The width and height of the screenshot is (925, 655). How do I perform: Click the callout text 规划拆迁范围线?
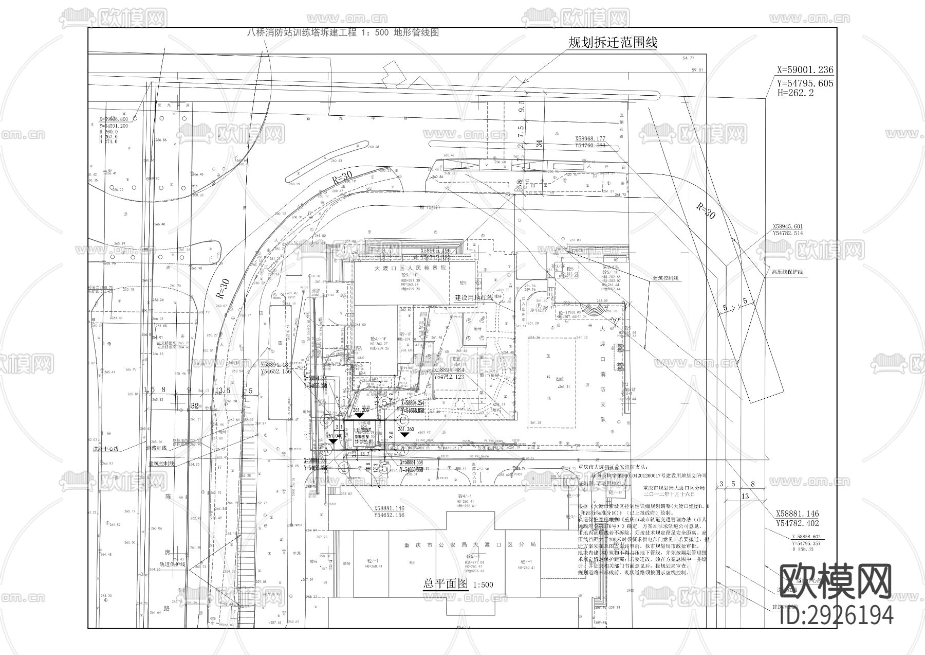point(613,43)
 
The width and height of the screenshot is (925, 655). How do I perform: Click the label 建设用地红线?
point(474,297)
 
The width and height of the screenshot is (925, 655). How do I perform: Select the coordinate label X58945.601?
point(788,226)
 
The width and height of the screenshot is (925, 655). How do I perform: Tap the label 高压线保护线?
point(787,272)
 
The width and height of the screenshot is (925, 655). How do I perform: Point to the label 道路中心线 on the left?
point(106,449)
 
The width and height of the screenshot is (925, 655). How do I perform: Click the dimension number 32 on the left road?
point(195,405)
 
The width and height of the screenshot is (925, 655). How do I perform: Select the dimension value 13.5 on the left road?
point(222,391)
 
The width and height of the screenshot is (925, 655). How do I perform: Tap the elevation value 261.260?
point(405,429)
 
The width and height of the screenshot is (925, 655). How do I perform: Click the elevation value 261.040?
point(334,436)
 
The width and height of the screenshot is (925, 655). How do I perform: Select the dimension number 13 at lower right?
point(745,496)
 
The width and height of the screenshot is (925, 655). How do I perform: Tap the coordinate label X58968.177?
point(590,138)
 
